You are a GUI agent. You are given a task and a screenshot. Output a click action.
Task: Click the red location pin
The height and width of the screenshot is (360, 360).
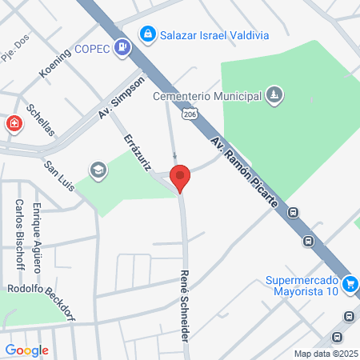[x=180, y=177]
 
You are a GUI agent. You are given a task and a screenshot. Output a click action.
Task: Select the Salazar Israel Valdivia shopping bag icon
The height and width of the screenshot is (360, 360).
[x=146, y=34]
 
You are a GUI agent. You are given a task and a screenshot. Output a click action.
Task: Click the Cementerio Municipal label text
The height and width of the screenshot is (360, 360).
[x=208, y=96]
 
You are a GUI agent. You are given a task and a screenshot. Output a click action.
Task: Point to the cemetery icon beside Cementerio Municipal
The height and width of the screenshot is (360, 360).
[x=274, y=96]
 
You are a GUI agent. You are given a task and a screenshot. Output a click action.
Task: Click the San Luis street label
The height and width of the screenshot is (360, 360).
[x=60, y=177]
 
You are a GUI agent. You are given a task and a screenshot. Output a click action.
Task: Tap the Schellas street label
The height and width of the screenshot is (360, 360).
[x=39, y=120]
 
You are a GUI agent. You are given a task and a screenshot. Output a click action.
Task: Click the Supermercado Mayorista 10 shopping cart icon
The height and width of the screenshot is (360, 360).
[x=350, y=284]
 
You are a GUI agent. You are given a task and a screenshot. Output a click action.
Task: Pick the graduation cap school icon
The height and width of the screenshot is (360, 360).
[x=98, y=170]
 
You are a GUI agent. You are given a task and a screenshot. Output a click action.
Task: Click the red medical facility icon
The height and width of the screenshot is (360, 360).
[x=14, y=123]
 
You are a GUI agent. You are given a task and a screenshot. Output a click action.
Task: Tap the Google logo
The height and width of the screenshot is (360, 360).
[x=26, y=350]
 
